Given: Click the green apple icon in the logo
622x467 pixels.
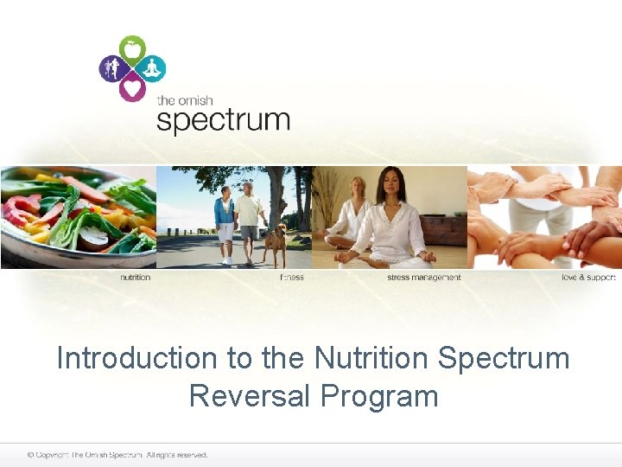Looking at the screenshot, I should pyautogui.click(x=132, y=48).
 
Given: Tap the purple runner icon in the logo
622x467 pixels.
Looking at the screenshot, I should pyautogui.click(x=111, y=67).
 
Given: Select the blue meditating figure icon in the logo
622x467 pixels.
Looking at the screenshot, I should pyautogui.click(x=152, y=67).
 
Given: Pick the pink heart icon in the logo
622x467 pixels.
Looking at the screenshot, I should pyautogui.click(x=132, y=87).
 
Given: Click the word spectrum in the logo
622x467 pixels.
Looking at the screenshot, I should pyautogui.click(x=222, y=118).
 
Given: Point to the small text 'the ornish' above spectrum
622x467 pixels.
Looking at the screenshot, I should pyautogui.click(x=185, y=100).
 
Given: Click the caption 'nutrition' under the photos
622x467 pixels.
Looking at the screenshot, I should pyautogui.click(x=135, y=278).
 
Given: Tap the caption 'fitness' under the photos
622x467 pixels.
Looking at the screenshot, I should pyautogui.click(x=291, y=278).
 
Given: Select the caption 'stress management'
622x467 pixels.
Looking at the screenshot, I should pyautogui.click(x=423, y=278).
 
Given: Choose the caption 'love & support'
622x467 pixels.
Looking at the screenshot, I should pyautogui.click(x=588, y=278).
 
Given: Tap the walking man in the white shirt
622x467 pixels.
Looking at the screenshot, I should pyautogui.click(x=249, y=221).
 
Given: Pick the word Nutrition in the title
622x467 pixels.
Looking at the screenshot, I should pyautogui.click(x=378, y=358).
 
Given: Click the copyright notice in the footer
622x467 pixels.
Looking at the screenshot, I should pyautogui.click(x=117, y=455).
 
